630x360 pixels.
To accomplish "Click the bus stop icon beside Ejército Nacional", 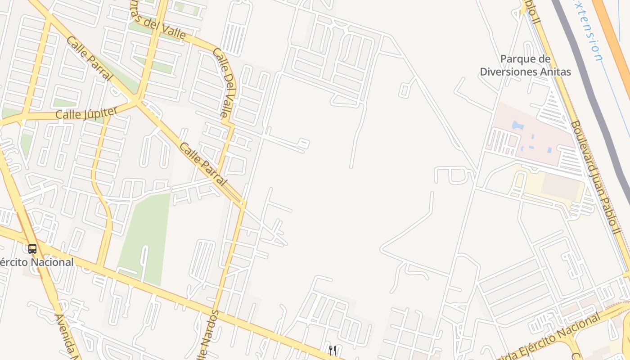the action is [32, 248].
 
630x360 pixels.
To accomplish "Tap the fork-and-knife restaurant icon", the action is [333, 350].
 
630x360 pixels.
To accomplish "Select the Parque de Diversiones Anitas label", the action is [525, 65].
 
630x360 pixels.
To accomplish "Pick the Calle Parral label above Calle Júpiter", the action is [89, 58].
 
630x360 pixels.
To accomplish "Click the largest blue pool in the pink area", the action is [517, 125].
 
